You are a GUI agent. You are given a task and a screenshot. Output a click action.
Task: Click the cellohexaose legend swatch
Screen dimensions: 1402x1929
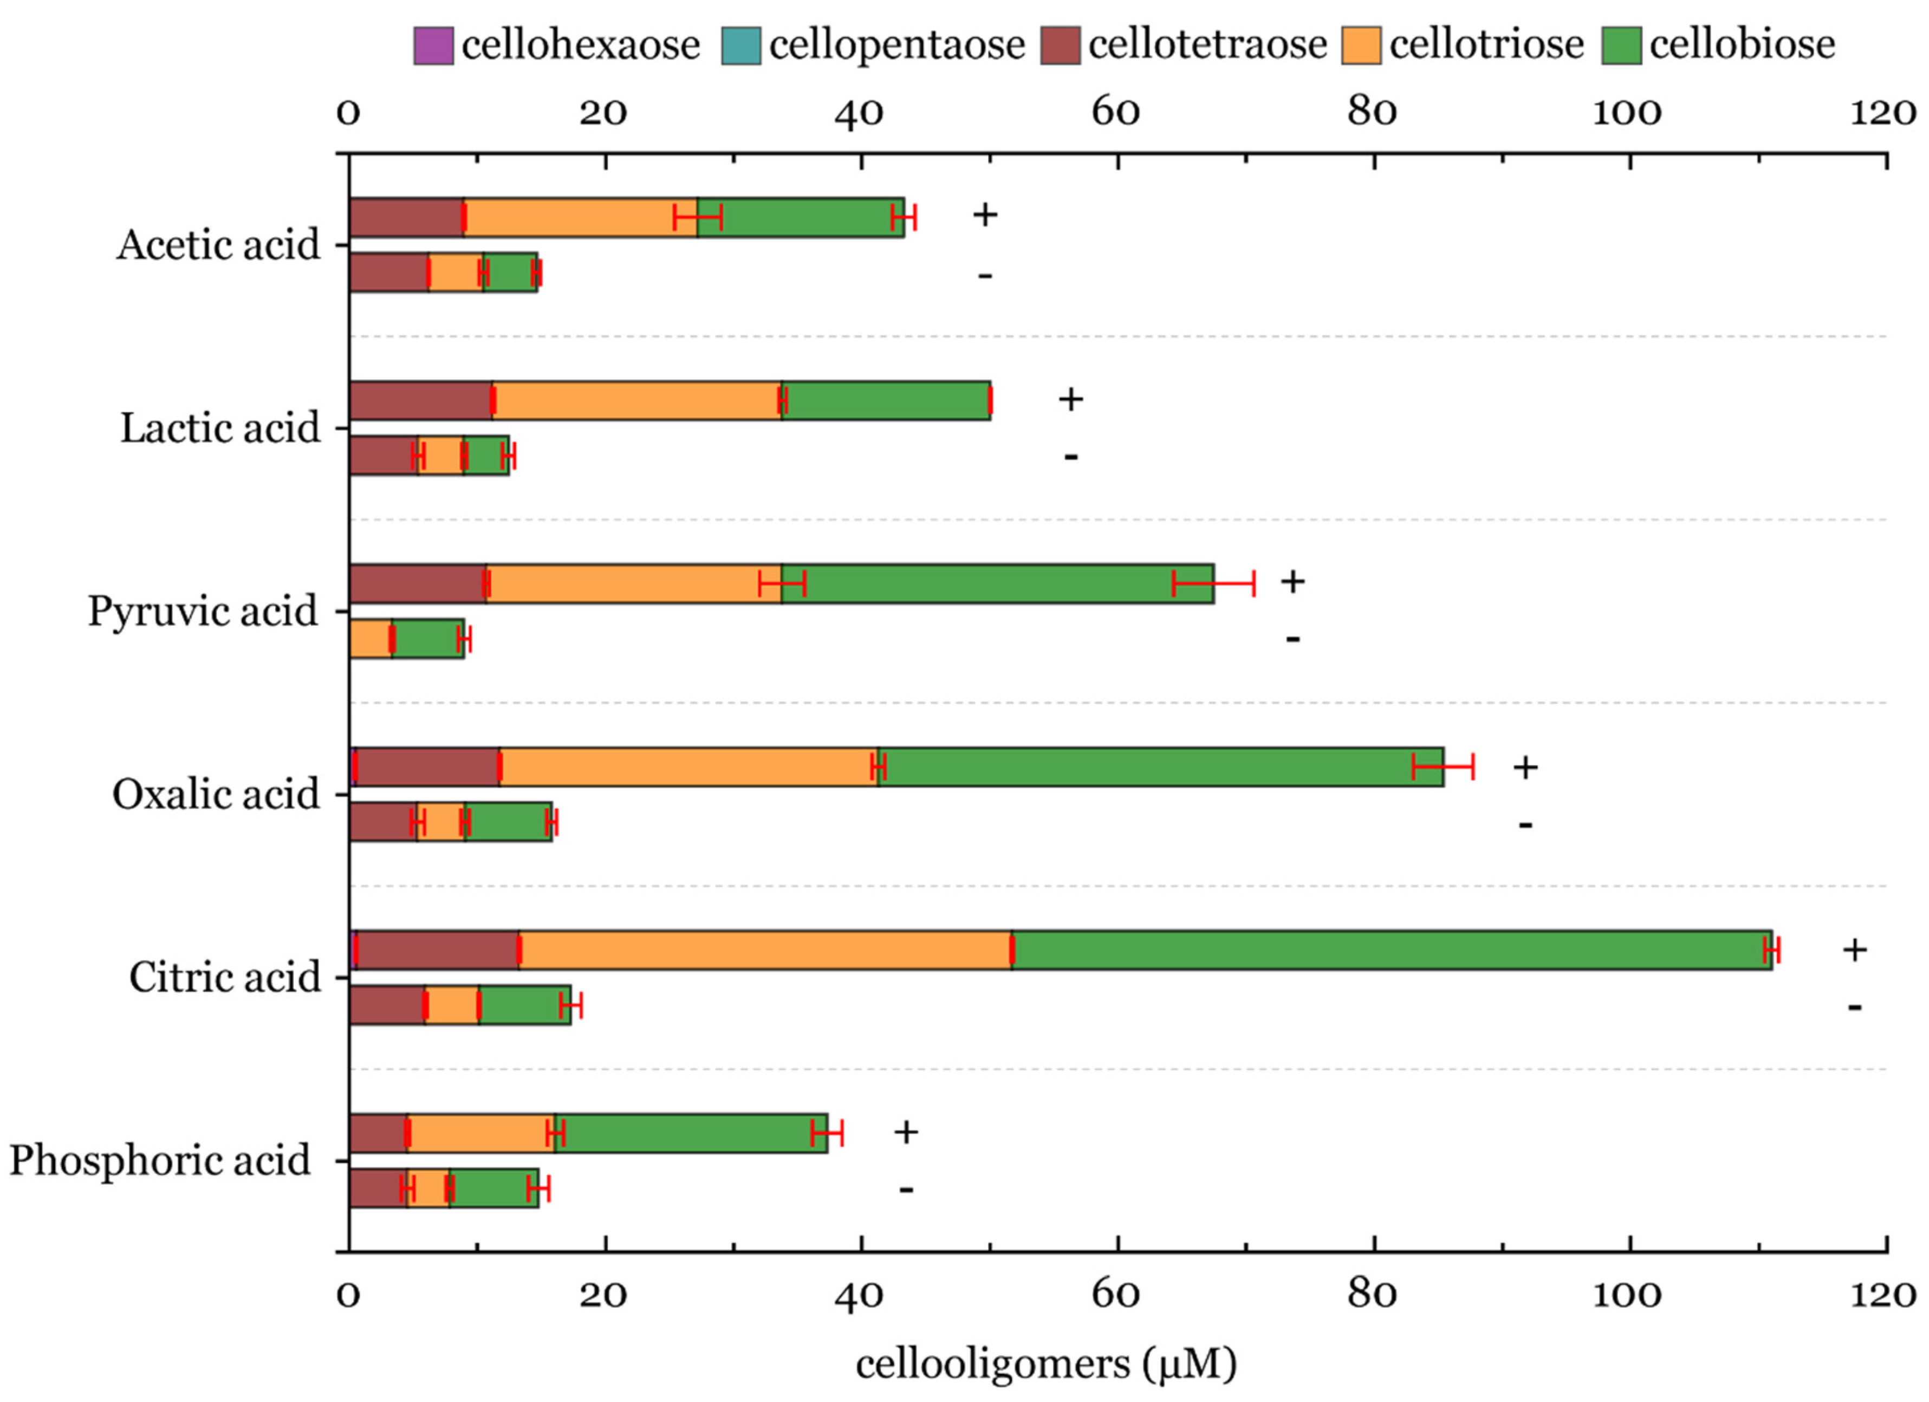[x=432, y=46]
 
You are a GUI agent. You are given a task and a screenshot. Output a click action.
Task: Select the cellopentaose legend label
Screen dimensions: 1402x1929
[x=897, y=46]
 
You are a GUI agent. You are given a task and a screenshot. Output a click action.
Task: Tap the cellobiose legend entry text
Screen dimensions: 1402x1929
[x=1742, y=46]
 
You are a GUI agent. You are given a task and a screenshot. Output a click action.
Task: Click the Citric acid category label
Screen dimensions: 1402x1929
[x=225, y=977]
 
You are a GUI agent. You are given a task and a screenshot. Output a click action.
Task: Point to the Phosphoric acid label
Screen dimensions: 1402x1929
[x=160, y=1160]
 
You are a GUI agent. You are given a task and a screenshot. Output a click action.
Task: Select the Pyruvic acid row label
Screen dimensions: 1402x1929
[x=203, y=612]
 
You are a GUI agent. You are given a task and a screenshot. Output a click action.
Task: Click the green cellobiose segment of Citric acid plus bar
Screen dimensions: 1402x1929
[x=1392, y=950]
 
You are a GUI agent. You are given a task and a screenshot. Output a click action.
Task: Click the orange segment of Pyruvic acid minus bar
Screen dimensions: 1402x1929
[x=370, y=639]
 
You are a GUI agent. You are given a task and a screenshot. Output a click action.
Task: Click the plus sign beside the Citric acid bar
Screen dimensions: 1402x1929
[x=1854, y=950]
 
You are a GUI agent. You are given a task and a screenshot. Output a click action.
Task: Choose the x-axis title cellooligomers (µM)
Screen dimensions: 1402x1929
[x=1045, y=1365]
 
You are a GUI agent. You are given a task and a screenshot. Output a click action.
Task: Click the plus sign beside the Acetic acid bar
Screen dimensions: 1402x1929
[x=985, y=215]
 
